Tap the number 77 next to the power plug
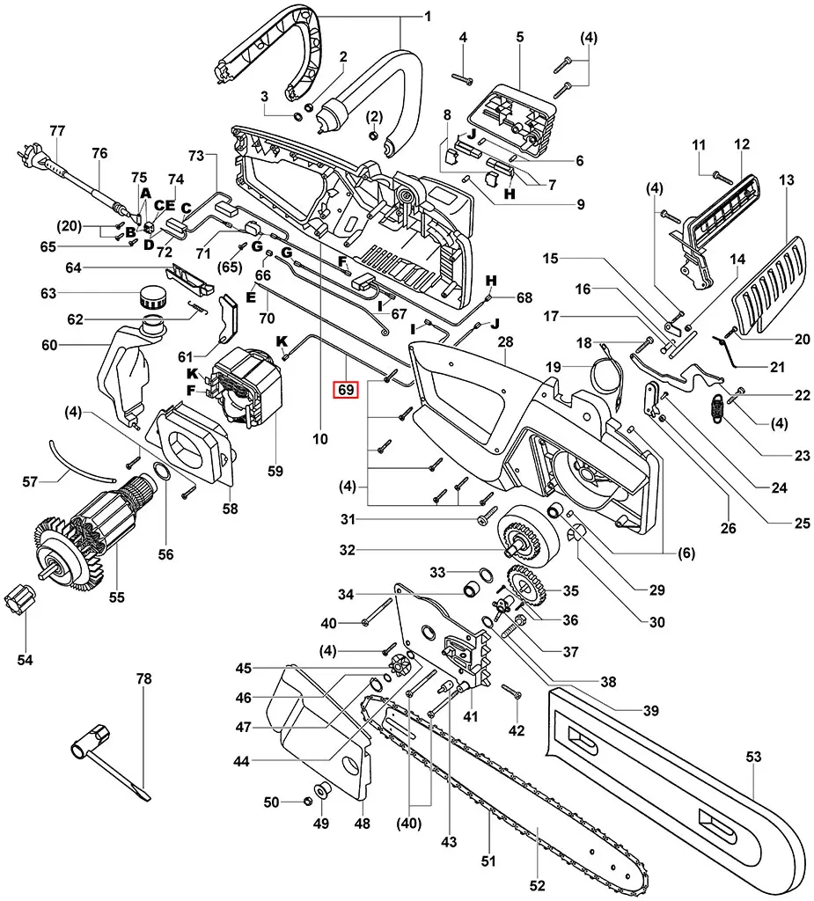click(58, 131)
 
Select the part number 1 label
click(428, 17)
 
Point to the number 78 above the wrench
click(143, 679)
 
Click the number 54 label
click(25, 660)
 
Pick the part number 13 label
click(787, 179)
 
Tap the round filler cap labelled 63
click(151, 297)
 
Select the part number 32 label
click(347, 551)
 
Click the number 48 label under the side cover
click(363, 824)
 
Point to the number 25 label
click(802, 524)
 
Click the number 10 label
click(319, 437)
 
